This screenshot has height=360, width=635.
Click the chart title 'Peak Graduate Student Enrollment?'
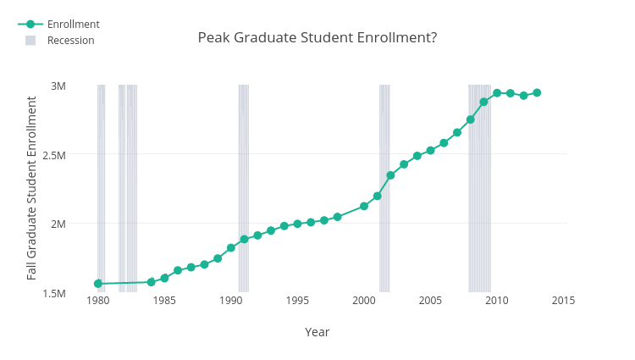coord(317,38)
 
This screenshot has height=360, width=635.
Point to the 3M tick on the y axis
coord(58,86)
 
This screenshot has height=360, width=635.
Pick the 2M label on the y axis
coord(58,224)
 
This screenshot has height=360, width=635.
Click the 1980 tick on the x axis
coord(98,301)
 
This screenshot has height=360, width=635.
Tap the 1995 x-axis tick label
coord(297,301)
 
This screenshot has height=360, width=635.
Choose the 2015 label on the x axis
coord(563,301)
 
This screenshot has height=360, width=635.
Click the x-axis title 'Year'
coord(317,332)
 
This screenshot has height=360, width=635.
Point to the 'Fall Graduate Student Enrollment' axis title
coord(32,188)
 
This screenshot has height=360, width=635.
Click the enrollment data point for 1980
coord(98,284)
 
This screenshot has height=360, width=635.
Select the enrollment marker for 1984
coord(152,282)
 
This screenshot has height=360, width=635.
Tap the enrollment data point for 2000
coord(364,206)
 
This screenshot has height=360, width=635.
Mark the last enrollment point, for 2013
coord(537,92)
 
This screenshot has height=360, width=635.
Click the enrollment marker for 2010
coord(497,93)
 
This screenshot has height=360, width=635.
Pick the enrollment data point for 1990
coord(231,248)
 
